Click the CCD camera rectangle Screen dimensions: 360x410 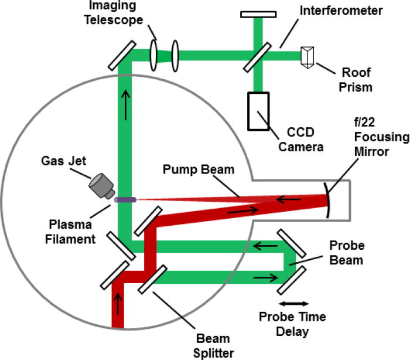coord(258,111)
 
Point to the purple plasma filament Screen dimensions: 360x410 coord(125,200)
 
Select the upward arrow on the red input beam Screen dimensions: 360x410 coord(119,304)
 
